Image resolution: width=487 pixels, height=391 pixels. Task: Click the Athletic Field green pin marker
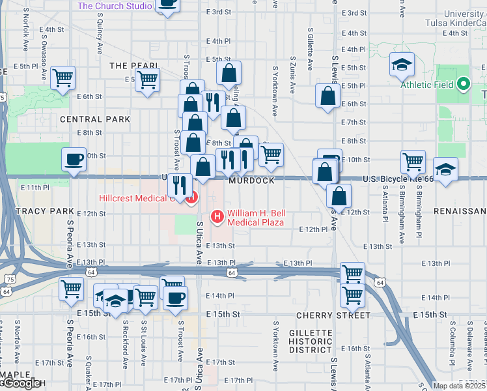[464, 84]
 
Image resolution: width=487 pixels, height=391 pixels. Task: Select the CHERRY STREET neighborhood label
[324, 315]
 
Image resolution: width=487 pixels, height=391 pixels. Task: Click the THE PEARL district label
[131, 66]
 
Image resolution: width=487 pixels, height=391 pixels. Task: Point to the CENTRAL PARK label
[95, 119]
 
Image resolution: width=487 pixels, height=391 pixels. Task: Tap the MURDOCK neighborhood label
[251, 181]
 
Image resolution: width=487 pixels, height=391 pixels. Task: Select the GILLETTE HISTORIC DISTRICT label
[311, 341]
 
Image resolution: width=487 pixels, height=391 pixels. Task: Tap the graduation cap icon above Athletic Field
[403, 65]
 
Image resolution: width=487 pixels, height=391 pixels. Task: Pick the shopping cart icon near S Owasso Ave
[63, 78]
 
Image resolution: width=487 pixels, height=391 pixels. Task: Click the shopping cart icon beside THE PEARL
[148, 80]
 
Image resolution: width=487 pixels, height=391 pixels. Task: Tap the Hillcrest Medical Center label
[135, 198]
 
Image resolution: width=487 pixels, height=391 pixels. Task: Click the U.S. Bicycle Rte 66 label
[397, 179]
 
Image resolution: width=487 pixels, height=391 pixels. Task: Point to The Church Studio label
[115, 6]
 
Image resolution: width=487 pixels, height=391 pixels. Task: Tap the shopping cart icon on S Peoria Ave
[71, 289]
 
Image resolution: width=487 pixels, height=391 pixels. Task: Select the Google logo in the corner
[21, 384]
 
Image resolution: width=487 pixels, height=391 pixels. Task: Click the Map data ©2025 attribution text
[459, 386]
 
